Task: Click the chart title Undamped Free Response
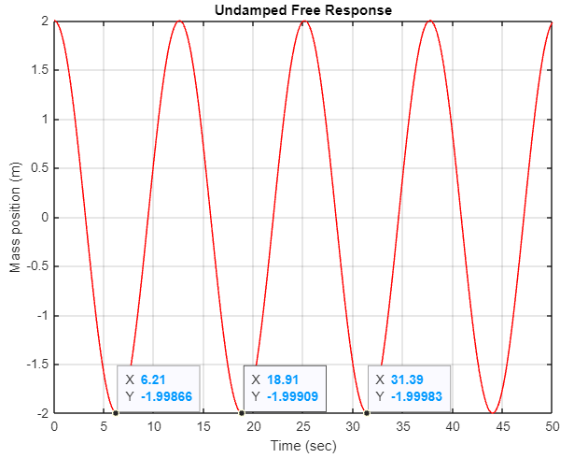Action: (303, 9)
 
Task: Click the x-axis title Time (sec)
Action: (303, 446)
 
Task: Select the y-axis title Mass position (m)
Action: (15, 217)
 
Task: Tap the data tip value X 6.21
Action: (152, 380)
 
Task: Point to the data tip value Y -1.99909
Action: (292, 396)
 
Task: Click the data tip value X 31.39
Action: (407, 380)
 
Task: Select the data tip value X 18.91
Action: (282, 380)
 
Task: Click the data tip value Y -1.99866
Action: (166, 396)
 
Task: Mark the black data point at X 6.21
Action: (116, 413)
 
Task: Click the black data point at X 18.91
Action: (243, 413)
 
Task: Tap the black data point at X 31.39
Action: (367, 413)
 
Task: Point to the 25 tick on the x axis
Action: (303, 426)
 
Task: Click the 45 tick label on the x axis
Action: (503, 426)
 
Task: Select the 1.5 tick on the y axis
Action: (37, 70)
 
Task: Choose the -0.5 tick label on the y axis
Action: (35, 266)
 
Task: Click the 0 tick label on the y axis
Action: (43, 218)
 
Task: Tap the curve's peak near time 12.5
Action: (179, 21)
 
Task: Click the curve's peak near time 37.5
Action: (429, 21)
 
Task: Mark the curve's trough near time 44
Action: (492, 412)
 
